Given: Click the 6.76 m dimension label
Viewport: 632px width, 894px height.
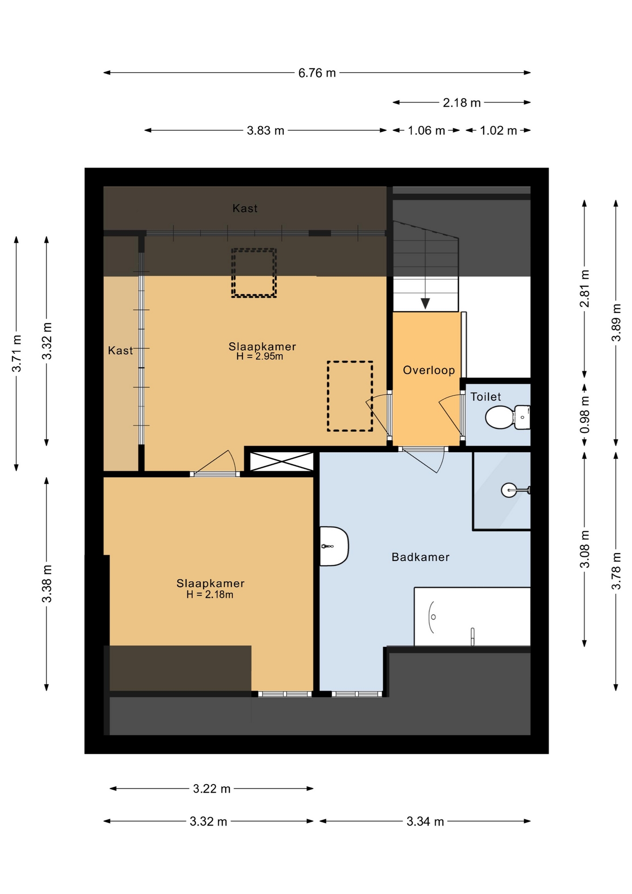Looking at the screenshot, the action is point(317,73).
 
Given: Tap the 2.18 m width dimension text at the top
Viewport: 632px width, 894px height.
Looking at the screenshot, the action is point(461,103).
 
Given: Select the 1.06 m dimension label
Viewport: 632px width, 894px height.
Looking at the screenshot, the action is point(426,131).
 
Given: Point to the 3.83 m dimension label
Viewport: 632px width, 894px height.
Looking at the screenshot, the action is point(265,131).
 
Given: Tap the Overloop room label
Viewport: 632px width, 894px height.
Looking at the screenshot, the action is point(429,370).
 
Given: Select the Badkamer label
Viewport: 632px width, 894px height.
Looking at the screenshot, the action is point(420,557).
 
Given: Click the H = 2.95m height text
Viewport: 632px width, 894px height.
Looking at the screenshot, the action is point(260,357).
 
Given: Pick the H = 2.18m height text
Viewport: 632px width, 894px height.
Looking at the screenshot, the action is point(210,595).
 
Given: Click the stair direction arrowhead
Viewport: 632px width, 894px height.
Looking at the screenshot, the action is point(425,304).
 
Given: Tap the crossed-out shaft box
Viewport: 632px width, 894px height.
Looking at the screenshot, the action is point(282,461).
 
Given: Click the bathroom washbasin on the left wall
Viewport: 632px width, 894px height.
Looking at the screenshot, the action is point(334,546).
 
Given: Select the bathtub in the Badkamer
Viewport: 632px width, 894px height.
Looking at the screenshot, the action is point(472,616).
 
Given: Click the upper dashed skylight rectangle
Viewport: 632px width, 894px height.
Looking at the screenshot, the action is point(254,273).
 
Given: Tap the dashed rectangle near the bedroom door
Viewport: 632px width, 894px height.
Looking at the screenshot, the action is point(350,396).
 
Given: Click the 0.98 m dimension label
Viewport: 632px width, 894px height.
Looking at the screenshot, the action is point(585,414).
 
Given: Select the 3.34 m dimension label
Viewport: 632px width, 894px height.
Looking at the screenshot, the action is point(425,822).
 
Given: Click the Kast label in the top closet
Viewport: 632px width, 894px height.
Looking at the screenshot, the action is point(245,209).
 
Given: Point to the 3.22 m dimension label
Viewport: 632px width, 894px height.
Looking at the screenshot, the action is point(212,789).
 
